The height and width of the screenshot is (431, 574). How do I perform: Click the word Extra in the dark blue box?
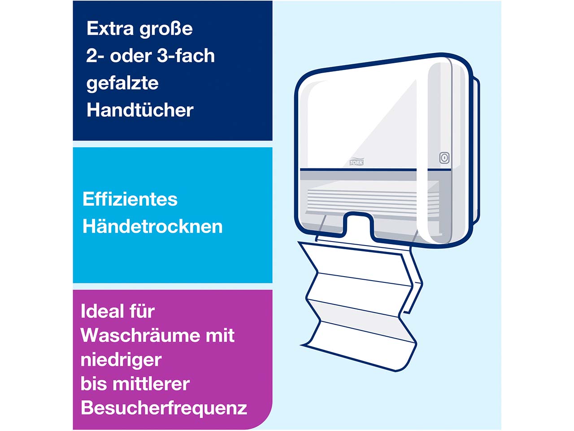click(110, 29)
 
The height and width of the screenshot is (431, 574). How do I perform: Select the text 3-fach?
click(186, 56)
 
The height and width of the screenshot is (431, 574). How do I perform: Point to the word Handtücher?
click(140, 110)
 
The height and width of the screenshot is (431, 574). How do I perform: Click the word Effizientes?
click(130, 199)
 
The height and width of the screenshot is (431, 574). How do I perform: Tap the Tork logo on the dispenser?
click(356, 162)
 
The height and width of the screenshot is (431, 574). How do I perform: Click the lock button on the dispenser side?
click(444, 158)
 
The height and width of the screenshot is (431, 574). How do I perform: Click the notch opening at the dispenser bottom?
click(357, 224)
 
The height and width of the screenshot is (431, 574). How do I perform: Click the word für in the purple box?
click(140, 311)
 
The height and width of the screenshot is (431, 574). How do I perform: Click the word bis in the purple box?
click(94, 384)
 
